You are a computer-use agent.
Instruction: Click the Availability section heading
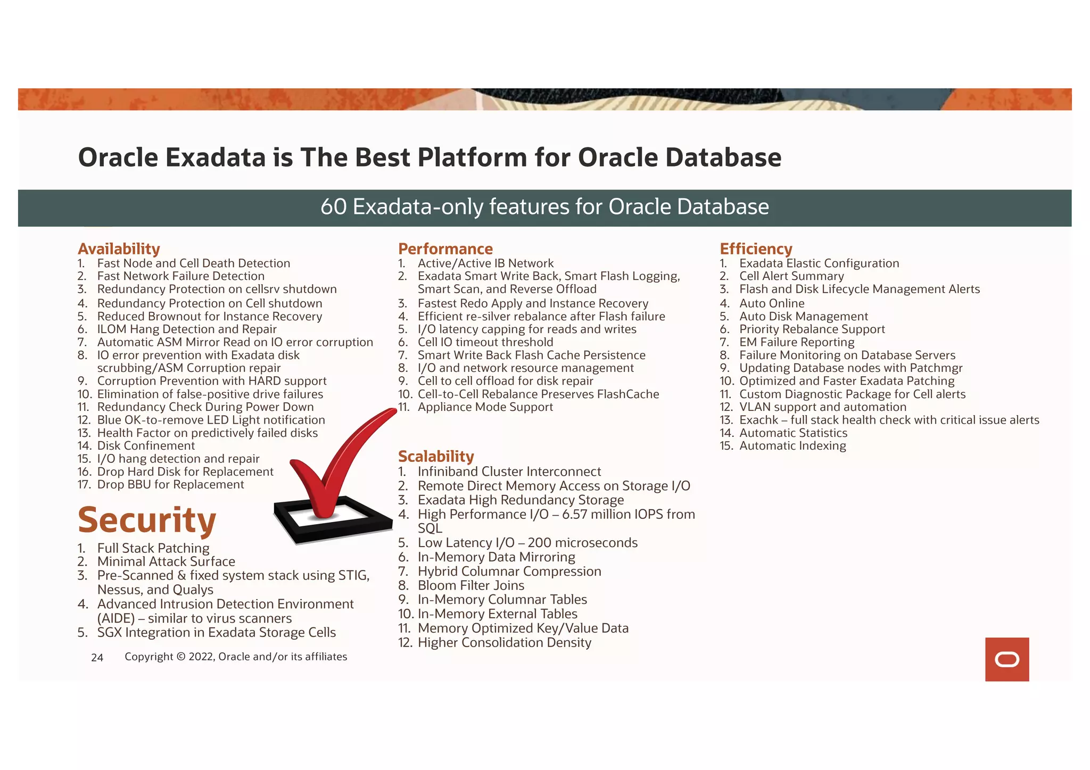(x=119, y=249)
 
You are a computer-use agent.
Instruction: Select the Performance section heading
(x=445, y=249)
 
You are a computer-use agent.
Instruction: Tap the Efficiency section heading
(x=756, y=249)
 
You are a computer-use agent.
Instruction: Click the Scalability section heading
(x=436, y=457)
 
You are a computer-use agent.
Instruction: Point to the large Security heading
(x=147, y=520)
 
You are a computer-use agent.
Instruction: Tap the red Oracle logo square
(x=1006, y=659)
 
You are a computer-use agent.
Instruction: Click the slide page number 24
(x=97, y=658)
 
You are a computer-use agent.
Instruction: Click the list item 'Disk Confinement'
(x=146, y=446)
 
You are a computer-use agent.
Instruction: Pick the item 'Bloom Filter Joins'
(x=470, y=585)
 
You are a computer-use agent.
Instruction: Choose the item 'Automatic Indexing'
(x=792, y=446)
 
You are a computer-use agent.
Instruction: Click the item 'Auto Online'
(x=772, y=303)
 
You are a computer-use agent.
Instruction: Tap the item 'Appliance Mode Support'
(x=485, y=407)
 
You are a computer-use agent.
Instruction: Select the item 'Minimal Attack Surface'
(x=166, y=561)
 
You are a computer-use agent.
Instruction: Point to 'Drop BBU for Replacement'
(x=170, y=485)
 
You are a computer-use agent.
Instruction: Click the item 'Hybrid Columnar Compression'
(x=509, y=572)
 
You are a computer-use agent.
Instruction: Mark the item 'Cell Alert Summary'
(x=791, y=276)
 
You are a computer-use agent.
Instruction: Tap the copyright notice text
(x=236, y=657)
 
